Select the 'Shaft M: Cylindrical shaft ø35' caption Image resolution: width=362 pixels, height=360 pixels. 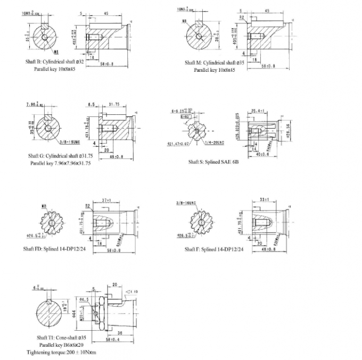pos(215,63)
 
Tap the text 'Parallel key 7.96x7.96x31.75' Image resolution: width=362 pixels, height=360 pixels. pos(61,163)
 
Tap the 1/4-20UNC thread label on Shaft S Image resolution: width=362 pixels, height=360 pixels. pos(211,143)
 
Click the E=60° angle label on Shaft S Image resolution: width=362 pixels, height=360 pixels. pos(185,116)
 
